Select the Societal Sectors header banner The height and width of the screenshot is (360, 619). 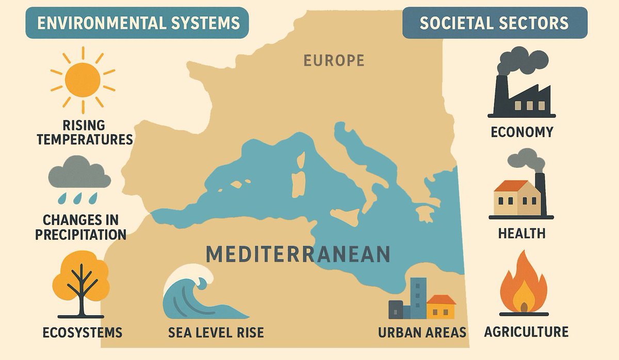(494, 23)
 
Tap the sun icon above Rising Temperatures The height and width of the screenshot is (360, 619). (83, 80)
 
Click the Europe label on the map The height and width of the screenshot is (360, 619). (333, 61)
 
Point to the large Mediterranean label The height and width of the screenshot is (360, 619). (298, 254)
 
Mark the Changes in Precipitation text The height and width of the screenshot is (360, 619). (80, 227)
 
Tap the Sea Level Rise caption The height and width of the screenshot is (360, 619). (216, 332)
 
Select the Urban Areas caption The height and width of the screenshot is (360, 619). (422, 332)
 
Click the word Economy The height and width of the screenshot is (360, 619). (522, 132)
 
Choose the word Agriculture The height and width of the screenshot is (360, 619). (526, 332)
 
